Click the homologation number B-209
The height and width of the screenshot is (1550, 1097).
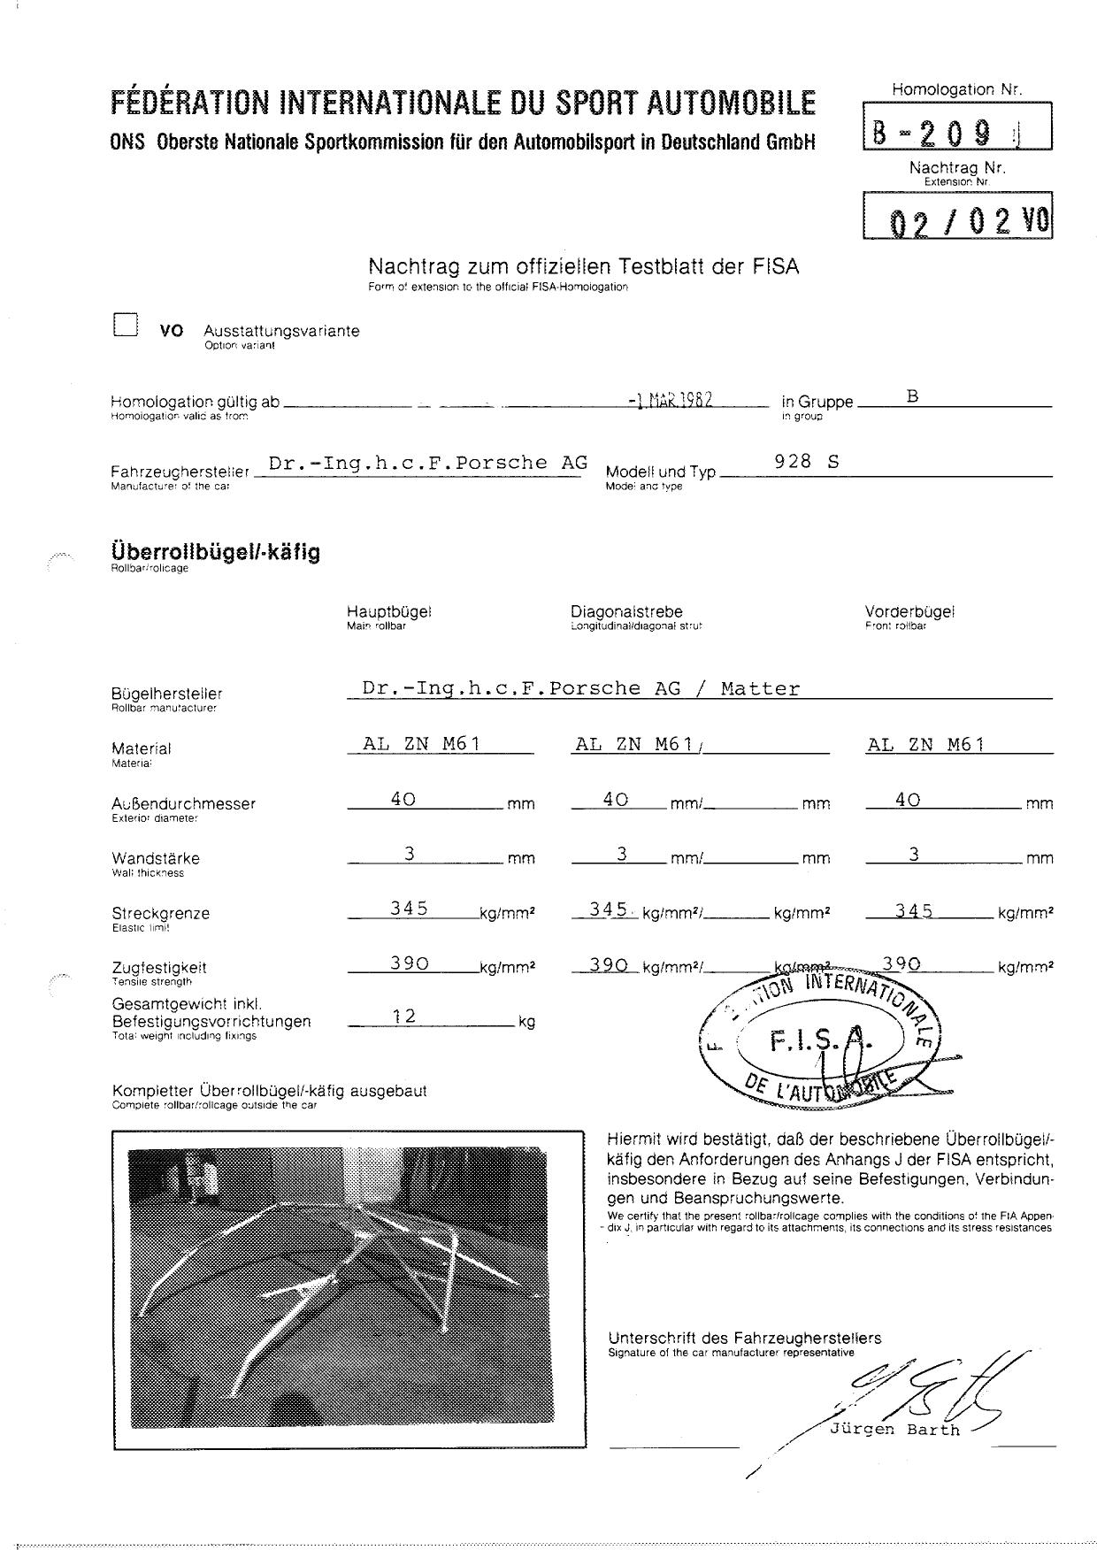point(945,132)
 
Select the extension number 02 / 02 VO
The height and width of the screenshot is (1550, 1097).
point(959,219)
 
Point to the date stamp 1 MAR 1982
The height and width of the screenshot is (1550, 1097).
point(670,399)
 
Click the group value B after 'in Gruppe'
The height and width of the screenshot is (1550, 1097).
point(913,396)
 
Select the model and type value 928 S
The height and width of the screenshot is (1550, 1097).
point(806,461)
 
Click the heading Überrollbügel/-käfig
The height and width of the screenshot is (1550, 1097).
point(216,552)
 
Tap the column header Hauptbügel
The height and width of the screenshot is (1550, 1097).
point(388,611)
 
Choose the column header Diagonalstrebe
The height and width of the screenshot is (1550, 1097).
point(626,611)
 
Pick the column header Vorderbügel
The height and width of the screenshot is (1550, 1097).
point(909,611)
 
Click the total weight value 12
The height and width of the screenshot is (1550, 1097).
point(404,1017)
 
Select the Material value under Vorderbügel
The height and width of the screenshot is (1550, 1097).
point(925,744)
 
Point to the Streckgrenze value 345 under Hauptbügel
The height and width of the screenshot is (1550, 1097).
point(410,908)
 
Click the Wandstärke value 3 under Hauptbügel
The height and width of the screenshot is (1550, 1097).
point(410,853)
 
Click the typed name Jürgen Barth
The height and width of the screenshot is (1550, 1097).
point(894,1430)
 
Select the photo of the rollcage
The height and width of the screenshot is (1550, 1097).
point(349,1289)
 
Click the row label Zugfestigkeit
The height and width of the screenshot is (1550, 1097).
point(159,967)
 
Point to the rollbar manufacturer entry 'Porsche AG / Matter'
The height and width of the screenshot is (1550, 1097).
point(580,688)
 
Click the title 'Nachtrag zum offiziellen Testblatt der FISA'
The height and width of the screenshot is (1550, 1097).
point(583,266)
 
